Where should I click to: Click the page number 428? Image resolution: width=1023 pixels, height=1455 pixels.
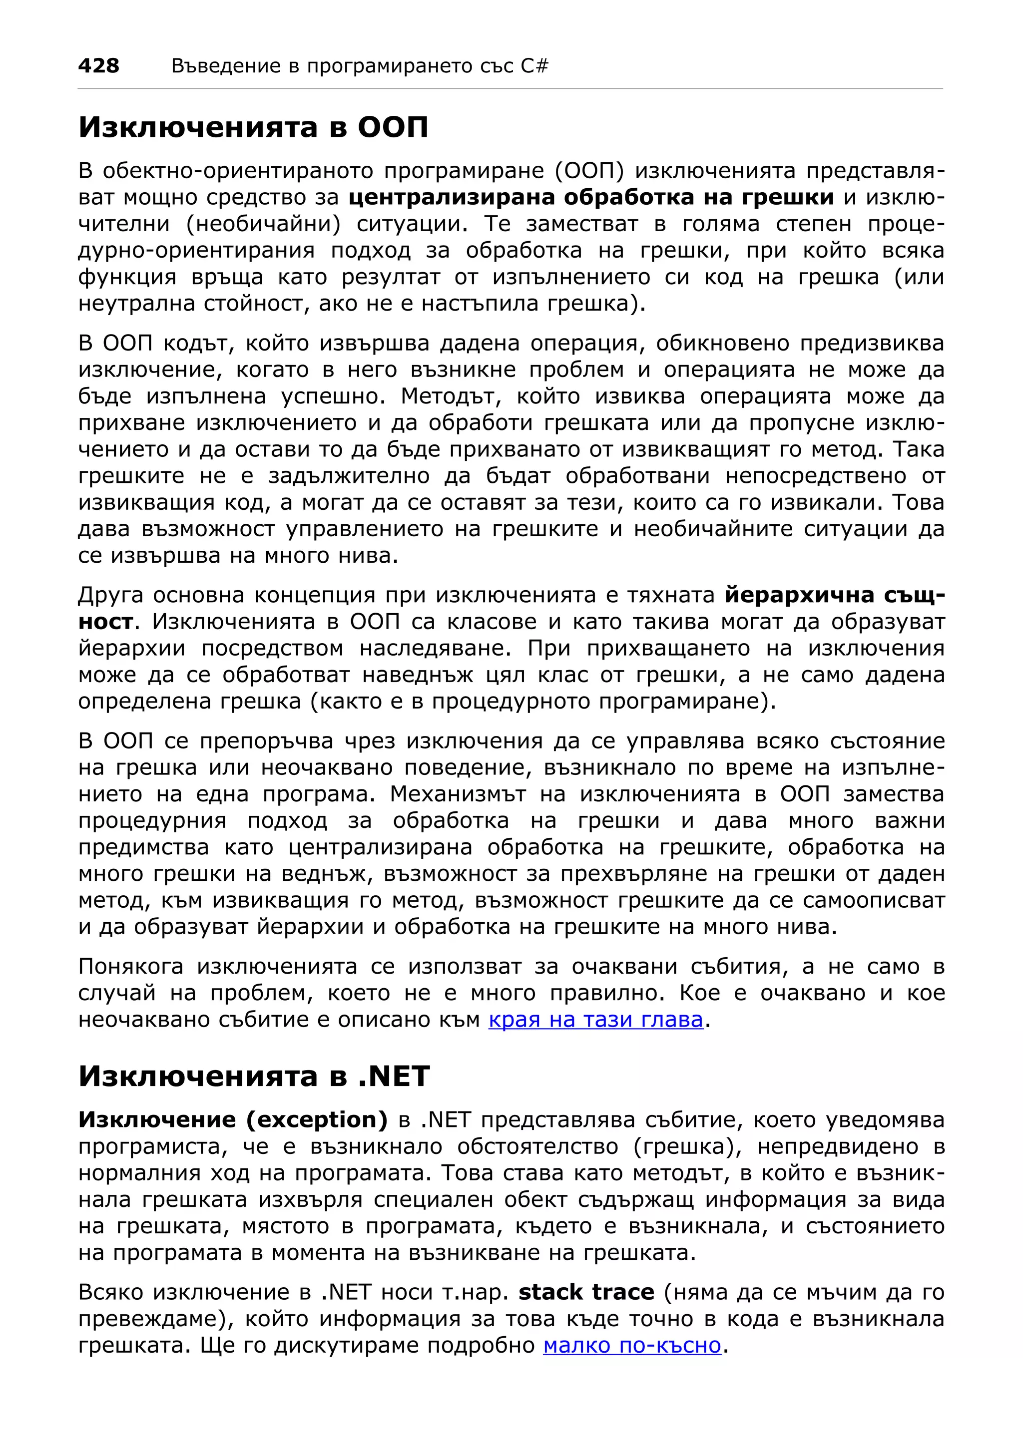[98, 66]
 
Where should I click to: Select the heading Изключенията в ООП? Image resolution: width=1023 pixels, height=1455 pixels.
[254, 127]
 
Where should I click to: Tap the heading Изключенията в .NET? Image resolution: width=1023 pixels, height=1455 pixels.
[254, 1076]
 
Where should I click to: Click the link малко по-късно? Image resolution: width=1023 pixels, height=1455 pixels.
[632, 1345]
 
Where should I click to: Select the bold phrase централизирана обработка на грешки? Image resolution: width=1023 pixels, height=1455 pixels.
[591, 198]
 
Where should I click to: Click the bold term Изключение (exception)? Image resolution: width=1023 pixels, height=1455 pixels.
[233, 1120]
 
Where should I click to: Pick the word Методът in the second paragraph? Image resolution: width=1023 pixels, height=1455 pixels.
[451, 396]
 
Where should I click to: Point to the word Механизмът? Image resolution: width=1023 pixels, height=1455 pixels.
[458, 794]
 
